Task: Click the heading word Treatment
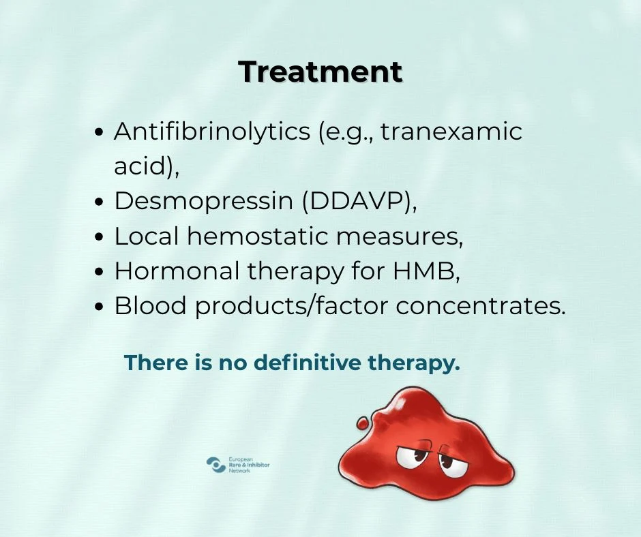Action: coord(320,72)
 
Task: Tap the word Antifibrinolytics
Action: coord(212,132)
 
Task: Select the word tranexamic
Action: coord(451,132)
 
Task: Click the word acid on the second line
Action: coord(140,166)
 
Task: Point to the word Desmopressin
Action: coord(204,202)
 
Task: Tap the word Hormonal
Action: coord(177,271)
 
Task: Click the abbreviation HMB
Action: coord(423,271)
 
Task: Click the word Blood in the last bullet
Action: coord(150,305)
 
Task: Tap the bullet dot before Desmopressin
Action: coord(99,202)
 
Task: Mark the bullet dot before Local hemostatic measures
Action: coord(99,237)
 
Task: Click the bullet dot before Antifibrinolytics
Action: coord(99,132)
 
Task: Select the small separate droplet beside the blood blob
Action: coord(362,423)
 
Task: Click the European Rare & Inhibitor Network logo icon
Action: coord(216,465)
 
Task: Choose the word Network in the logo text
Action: coord(239,471)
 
